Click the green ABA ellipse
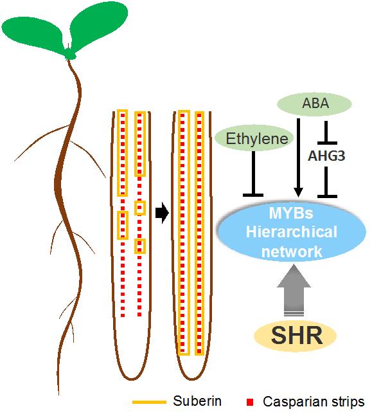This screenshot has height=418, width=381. click(x=315, y=104)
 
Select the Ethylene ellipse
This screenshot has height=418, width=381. click(x=254, y=138)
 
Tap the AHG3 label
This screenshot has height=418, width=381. click(x=326, y=156)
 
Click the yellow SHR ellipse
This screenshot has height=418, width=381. click(x=295, y=335)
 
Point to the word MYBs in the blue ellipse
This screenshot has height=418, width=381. click(x=291, y=213)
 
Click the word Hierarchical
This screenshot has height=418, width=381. click(x=292, y=232)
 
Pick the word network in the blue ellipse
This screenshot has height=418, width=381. click(x=292, y=251)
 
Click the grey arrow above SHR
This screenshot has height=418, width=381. click(x=294, y=290)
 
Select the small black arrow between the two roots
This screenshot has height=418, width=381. click(x=162, y=213)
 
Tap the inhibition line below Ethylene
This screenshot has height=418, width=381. click(x=253, y=174)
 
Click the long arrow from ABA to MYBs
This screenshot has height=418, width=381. click(x=298, y=158)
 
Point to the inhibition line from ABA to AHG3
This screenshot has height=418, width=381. click(x=326, y=132)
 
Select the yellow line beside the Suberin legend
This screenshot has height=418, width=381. click(x=149, y=402)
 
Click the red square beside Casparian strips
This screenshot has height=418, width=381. click(x=250, y=402)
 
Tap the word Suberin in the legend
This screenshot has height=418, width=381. click(x=197, y=401)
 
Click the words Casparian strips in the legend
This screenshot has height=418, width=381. click(x=314, y=402)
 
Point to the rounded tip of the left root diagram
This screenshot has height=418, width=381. click(x=132, y=379)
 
